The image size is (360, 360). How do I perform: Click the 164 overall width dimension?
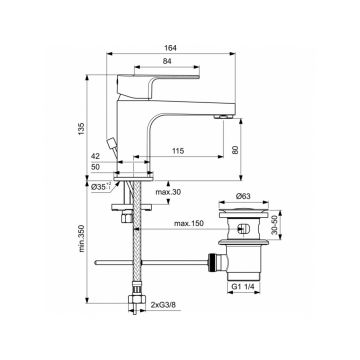coord(171,48)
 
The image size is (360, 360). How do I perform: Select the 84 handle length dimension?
coord(167,61)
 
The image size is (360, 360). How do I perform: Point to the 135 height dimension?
coord(81,128)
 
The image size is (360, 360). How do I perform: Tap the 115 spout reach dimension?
coord(178,151)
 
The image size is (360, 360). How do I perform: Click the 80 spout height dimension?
coord(235,150)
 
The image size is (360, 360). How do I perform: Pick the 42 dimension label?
coord(95,156)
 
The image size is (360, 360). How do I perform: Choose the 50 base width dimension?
coord(95,167)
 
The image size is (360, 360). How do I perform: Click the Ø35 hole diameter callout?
coord(101,187)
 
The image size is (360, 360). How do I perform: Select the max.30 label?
coord(168,192)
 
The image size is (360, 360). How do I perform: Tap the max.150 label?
coord(188,223)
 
